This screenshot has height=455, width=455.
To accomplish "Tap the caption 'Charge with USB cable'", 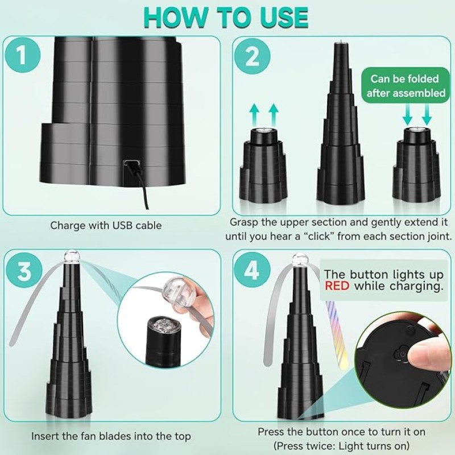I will (106, 225).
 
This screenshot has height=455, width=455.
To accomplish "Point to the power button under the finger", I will (403, 354).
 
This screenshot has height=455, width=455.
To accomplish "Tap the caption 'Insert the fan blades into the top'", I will (111, 437).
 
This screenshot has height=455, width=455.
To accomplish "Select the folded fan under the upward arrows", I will (263, 165).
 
